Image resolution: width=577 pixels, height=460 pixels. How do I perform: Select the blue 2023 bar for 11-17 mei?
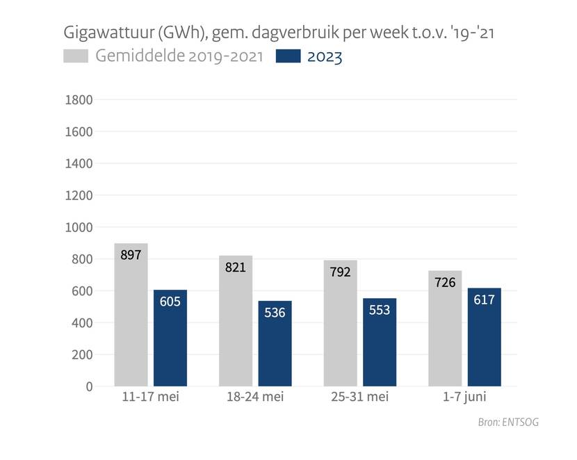pyautogui.click(x=170, y=338)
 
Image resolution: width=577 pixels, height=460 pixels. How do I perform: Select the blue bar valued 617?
pyautogui.click(x=485, y=337)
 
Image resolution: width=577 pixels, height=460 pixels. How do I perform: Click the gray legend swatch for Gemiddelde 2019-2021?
pyautogui.click(x=76, y=56)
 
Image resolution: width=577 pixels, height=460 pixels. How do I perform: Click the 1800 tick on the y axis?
pyautogui.click(x=79, y=99)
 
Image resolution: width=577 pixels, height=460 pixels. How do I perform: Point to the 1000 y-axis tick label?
pyautogui.click(x=79, y=227)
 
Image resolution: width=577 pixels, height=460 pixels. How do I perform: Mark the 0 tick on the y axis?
pyautogui.click(x=88, y=386)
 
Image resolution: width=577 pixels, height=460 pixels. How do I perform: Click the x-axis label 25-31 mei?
pyautogui.click(x=360, y=397)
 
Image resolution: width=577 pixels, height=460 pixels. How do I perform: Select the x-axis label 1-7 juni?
pyautogui.click(x=465, y=397)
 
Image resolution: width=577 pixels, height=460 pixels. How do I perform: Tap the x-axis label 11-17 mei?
pyautogui.click(x=150, y=397)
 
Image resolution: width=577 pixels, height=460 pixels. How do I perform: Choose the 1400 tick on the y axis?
pyautogui.click(x=79, y=163)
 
